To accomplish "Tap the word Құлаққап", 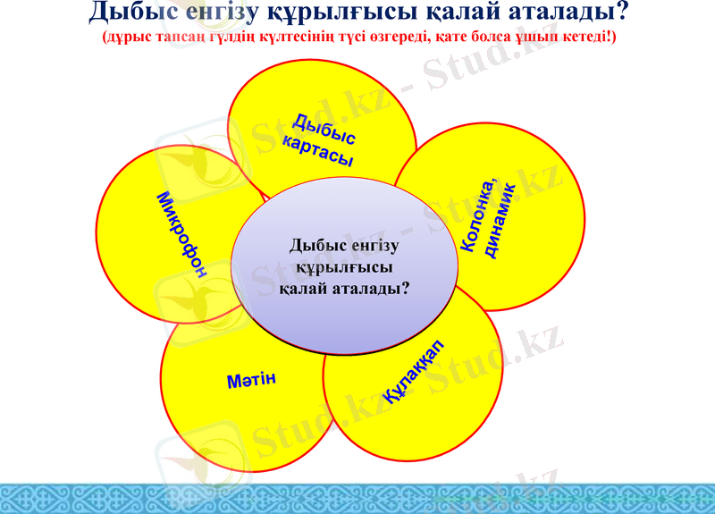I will (x=414, y=373).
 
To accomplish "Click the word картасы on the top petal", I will (x=317, y=152).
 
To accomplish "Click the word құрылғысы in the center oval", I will (x=345, y=267).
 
